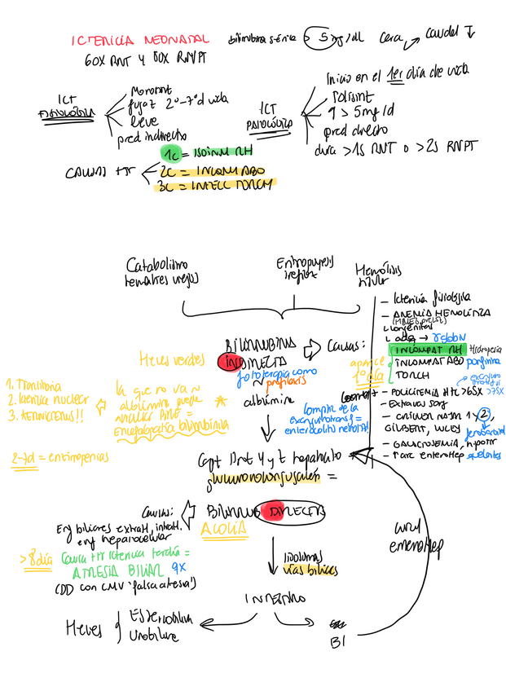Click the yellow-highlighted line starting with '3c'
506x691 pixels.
tap(216, 184)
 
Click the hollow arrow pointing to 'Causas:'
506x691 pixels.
tap(311, 350)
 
